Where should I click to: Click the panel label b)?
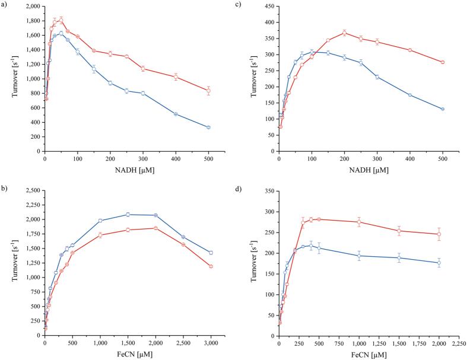[5, 189]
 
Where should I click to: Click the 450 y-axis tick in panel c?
[268, 6]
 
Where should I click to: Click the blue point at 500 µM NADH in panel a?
[208, 127]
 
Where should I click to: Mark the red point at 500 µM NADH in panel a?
[208, 91]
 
